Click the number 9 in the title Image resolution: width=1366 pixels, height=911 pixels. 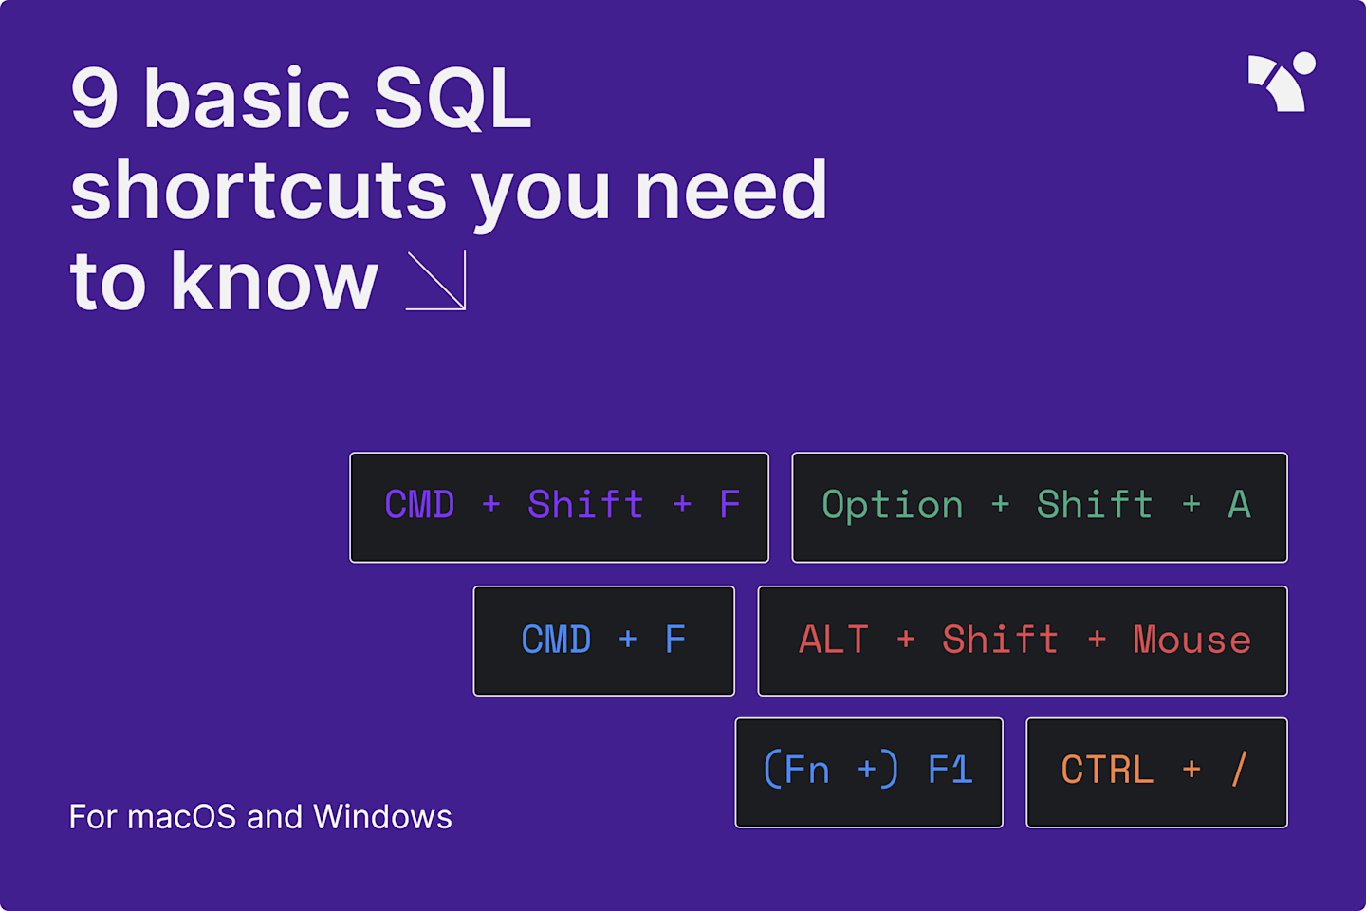tap(95, 99)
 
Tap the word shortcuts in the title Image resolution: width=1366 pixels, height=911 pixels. tap(258, 191)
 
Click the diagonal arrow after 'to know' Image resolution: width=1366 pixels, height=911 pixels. tap(436, 281)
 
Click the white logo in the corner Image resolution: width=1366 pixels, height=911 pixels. tap(1281, 83)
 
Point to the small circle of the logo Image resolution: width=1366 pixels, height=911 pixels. tap(1304, 63)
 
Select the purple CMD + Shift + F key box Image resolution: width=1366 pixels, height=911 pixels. tap(559, 507)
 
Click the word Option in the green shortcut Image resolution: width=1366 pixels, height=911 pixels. tap(892, 505)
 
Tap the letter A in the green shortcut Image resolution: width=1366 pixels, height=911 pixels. tap(1239, 505)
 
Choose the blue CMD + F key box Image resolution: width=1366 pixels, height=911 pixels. tap(603, 641)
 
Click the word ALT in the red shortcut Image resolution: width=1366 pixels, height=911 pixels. tap(833, 641)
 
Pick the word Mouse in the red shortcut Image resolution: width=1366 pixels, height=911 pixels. tap(1191, 641)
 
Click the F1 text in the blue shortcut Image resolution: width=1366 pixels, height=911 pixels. tap(950, 770)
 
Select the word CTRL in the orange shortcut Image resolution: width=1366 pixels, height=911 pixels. tap(1107, 770)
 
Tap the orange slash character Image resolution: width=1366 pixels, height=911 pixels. tap(1239, 770)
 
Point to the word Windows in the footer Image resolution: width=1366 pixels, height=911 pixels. tap(382, 817)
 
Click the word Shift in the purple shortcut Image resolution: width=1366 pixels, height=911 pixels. tap(585, 505)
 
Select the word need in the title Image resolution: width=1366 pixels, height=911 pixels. tap(730, 191)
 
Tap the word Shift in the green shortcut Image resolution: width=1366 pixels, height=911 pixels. tap(1094, 505)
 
